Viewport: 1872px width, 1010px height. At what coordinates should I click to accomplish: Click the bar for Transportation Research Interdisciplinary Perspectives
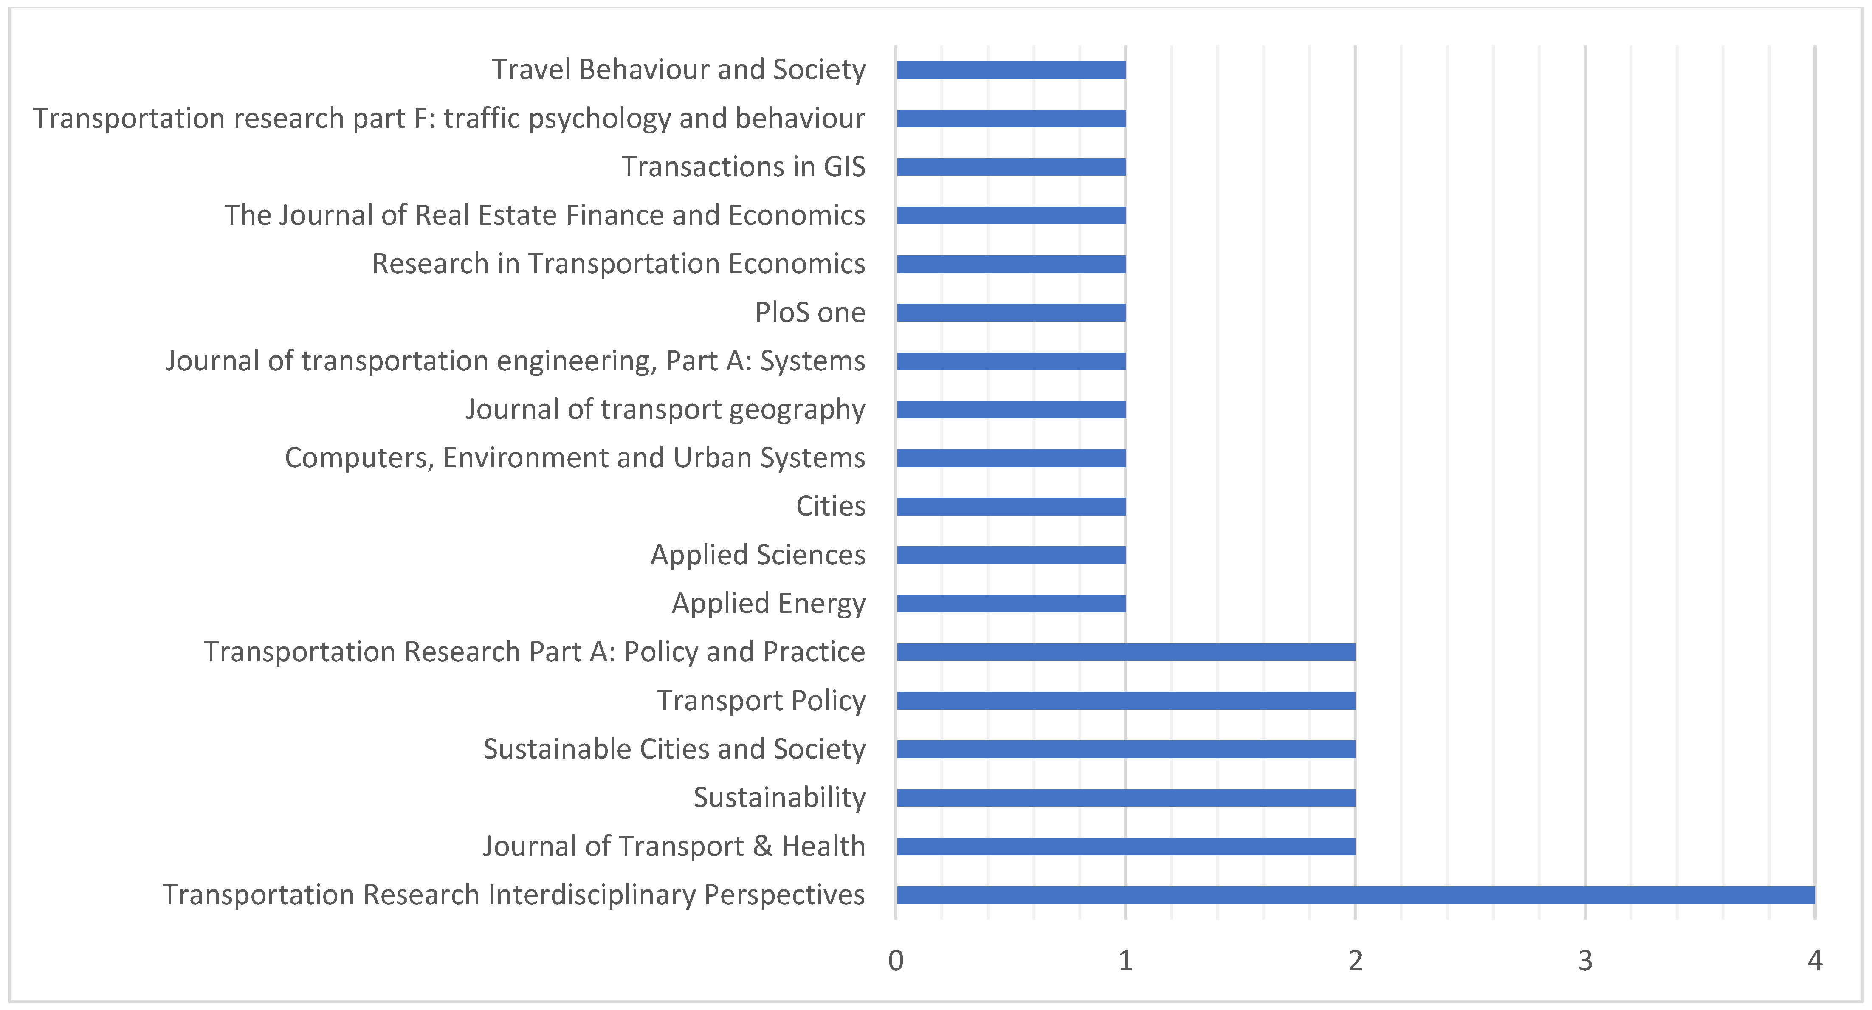click(x=1355, y=894)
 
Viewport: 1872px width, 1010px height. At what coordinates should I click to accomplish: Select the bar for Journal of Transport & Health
click(x=1126, y=846)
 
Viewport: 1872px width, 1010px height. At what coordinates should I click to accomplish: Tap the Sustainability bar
click(x=1126, y=797)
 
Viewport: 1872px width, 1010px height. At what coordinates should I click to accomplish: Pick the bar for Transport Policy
click(x=1126, y=700)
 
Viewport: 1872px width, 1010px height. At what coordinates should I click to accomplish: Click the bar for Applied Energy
click(x=1011, y=603)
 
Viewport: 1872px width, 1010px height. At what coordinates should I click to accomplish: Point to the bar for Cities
click(x=1011, y=506)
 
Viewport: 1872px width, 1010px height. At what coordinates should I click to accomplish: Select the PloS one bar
click(x=1011, y=313)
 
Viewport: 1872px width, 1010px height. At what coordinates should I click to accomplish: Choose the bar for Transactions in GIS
click(x=1011, y=167)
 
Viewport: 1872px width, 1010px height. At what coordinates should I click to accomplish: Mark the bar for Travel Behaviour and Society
click(x=1011, y=70)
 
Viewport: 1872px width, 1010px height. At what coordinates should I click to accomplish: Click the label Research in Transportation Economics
click(x=618, y=264)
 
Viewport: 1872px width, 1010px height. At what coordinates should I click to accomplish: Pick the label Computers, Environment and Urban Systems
click(x=575, y=458)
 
